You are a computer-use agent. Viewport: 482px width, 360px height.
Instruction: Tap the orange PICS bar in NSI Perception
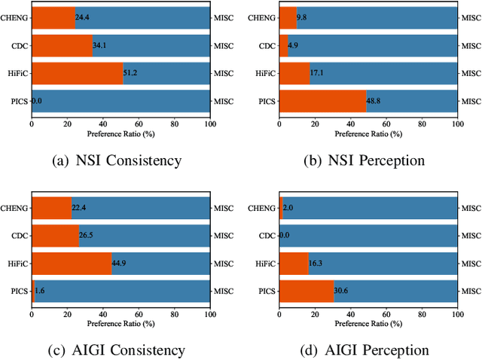[x=322, y=101]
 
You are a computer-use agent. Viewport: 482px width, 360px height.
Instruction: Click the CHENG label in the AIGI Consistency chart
[x=14, y=208]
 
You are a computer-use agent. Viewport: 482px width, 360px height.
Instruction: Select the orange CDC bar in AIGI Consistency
[x=55, y=236]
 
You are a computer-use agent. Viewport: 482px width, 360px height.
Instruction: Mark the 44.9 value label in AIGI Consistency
[x=120, y=264]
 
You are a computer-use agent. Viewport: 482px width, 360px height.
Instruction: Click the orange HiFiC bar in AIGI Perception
[x=294, y=264]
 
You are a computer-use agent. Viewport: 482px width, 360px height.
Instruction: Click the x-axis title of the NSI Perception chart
[x=368, y=133]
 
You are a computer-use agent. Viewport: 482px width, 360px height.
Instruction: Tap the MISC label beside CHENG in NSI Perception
[x=471, y=17]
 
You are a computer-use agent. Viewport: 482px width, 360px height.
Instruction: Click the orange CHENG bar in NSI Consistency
[x=53, y=17]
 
